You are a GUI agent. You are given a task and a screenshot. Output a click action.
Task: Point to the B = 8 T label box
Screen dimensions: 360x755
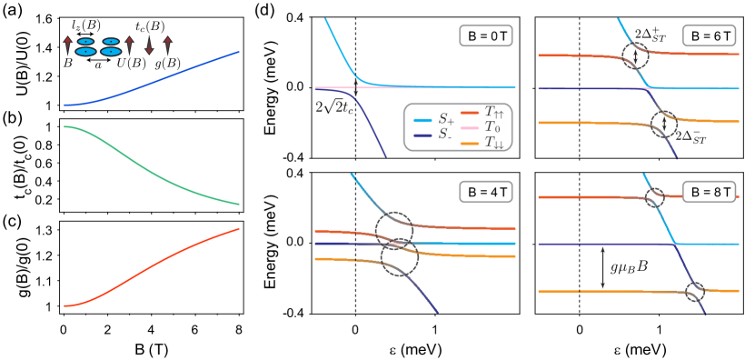click(x=709, y=192)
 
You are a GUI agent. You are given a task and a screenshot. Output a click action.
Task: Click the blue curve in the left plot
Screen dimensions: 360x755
click(x=154, y=80)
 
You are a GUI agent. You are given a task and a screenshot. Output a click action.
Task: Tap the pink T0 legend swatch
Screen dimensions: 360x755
click(x=470, y=128)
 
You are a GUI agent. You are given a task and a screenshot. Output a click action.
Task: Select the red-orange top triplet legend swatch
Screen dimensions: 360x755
click(x=470, y=113)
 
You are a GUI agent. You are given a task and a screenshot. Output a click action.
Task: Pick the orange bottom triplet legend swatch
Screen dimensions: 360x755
click(x=470, y=144)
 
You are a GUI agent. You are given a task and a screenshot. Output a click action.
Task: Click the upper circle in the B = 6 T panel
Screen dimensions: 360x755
click(x=635, y=55)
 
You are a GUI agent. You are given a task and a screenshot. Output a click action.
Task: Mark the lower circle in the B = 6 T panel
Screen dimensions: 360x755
click(x=664, y=124)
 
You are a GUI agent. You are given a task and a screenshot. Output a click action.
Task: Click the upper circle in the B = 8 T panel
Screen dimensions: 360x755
click(x=655, y=197)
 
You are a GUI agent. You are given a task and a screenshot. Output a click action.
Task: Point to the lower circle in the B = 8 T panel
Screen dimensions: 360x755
click(x=694, y=292)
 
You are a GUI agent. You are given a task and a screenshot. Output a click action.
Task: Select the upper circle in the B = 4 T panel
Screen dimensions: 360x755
click(x=393, y=227)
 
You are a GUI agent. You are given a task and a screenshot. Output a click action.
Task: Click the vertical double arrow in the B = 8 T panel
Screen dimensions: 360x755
click(x=602, y=268)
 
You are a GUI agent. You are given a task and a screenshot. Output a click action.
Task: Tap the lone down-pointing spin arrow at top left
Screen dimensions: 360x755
click(x=149, y=45)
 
